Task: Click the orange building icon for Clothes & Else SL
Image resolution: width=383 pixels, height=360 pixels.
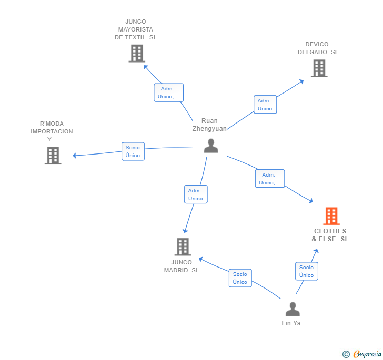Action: pyautogui.click(x=331, y=216)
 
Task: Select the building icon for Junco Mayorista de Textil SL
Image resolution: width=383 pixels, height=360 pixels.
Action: pyautogui.click(x=137, y=54)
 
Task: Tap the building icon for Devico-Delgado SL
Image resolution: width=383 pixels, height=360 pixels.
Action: pyautogui.click(x=319, y=68)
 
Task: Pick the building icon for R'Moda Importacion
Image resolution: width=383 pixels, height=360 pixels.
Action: pyautogui.click(x=53, y=156)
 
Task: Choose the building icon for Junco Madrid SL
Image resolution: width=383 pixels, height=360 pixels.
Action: pyautogui.click(x=182, y=246)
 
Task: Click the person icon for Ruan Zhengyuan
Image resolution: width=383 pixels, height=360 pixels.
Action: pyautogui.click(x=211, y=146)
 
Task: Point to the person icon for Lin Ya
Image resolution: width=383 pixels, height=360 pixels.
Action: pyautogui.click(x=293, y=309)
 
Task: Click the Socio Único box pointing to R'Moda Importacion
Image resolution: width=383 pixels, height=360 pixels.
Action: pyautogui.click(x=133, y=151)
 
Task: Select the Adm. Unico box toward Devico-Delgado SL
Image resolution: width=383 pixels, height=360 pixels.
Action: pyautogui.click(x=265, y=105)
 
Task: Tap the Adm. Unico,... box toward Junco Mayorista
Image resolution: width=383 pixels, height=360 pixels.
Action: pyautogui.click(x=168, y=92)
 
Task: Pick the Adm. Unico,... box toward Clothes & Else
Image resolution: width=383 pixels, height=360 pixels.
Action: pyautogui.click(x=269, y=179)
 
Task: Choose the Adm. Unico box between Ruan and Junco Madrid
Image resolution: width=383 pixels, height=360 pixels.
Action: pyautogui.click(x=196, y=194)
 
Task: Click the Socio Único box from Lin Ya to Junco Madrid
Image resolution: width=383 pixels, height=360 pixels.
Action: pyautogui.click(x=240, y=278)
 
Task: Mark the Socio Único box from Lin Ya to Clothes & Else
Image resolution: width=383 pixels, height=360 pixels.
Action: pyautogui.click(x=306, y=271)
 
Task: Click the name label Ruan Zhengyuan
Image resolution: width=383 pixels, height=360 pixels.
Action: pyautogui.click(x=209, y=125)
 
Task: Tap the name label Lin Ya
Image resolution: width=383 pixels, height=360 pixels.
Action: pyautogui.click(x=291, y=323)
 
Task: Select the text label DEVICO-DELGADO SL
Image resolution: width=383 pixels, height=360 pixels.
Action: pyautogui.click(x=318, y=48)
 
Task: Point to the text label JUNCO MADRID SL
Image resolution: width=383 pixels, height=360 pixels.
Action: pyautogui.click(x=182, y=266)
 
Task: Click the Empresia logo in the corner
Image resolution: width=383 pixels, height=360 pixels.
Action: pyautogui.click(x=362, y=354)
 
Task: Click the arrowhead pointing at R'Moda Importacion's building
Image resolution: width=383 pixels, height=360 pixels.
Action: pyautogui.click(x=75, y=155)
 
